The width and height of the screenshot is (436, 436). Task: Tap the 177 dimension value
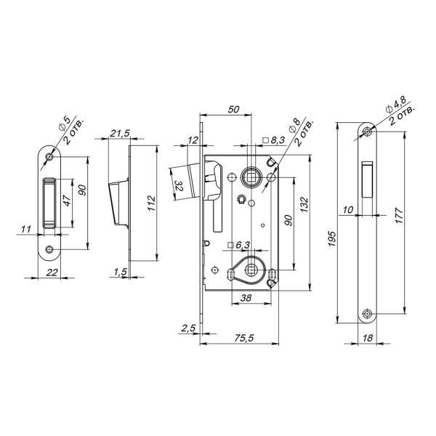[398, 217]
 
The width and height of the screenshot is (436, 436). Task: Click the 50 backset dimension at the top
[233, 110]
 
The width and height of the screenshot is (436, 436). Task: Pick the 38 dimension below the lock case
[245, 298]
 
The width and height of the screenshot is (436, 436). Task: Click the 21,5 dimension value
[121, 134]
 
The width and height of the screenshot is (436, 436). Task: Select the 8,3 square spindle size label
[276, 139]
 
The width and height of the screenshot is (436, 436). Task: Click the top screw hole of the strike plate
[49, 158]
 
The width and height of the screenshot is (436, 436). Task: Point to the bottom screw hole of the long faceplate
[368, 314]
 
